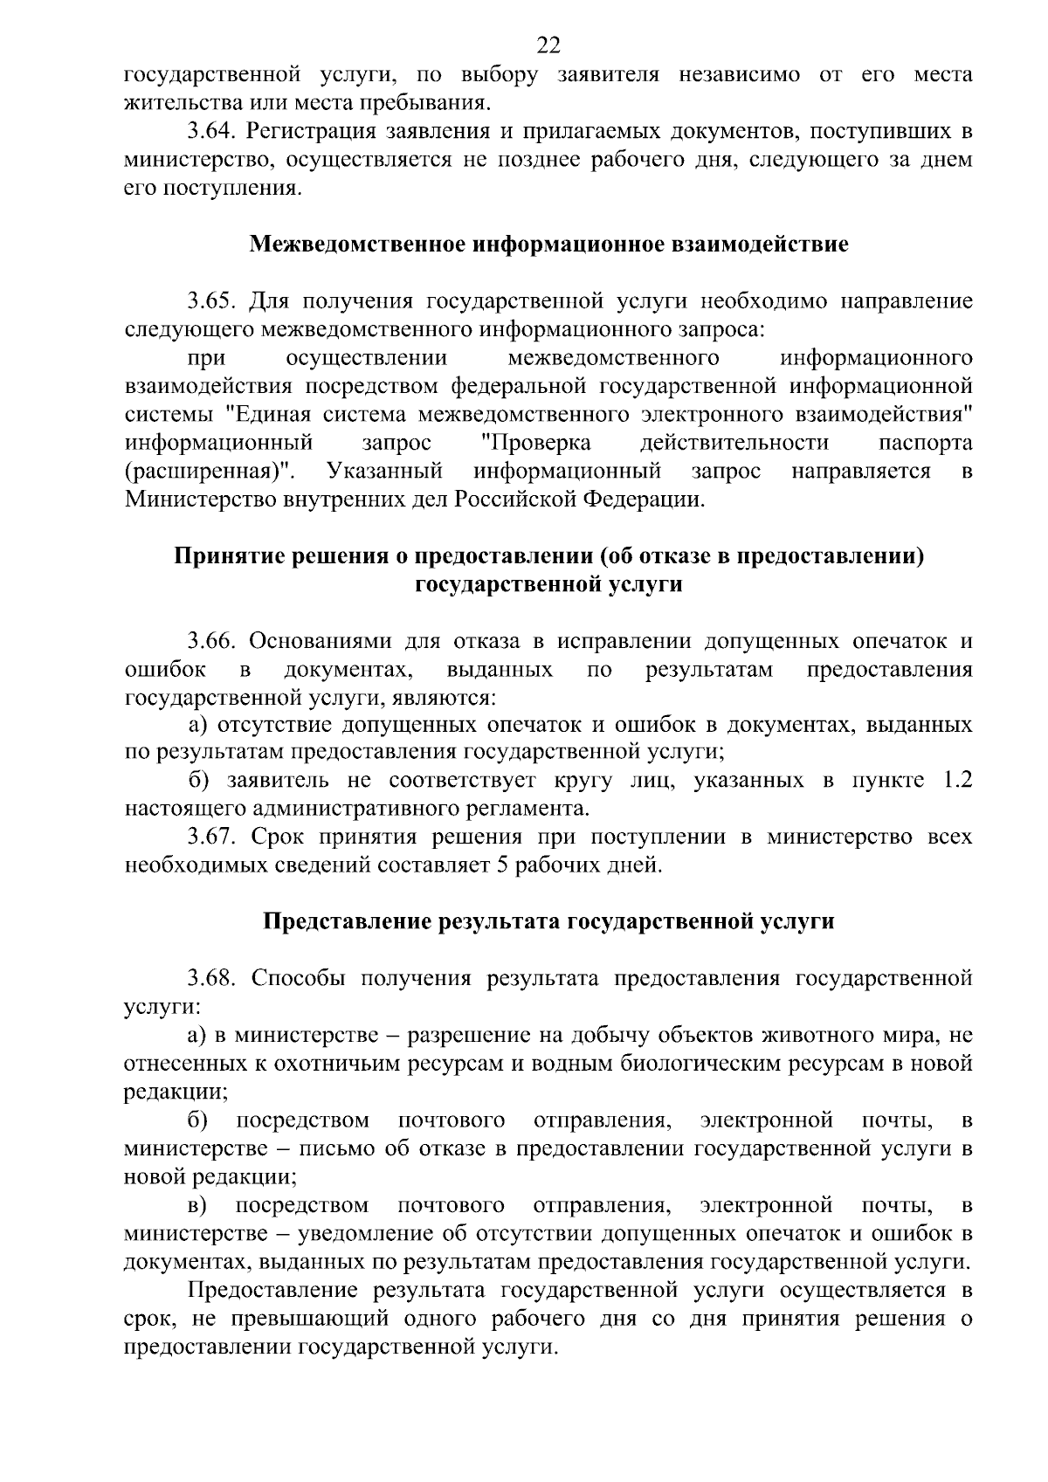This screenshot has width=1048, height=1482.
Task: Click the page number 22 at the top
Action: [x=548, y=45]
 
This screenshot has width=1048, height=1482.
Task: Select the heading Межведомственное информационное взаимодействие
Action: [x=548, y=244]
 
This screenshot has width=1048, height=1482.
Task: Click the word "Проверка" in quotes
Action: [x=536, y=443]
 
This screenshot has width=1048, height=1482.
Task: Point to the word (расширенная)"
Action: [x=210, y=472]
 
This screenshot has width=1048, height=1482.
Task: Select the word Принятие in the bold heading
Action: [x=224, y=556]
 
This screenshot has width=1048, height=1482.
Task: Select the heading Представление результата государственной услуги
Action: [x=548, y=921]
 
